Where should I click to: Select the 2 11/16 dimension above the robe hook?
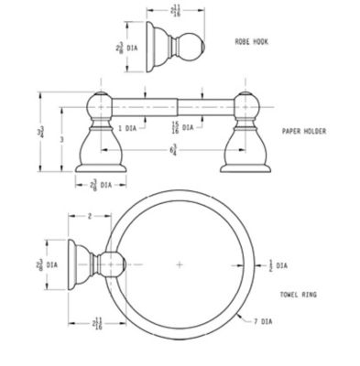click(x=174, y=11)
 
